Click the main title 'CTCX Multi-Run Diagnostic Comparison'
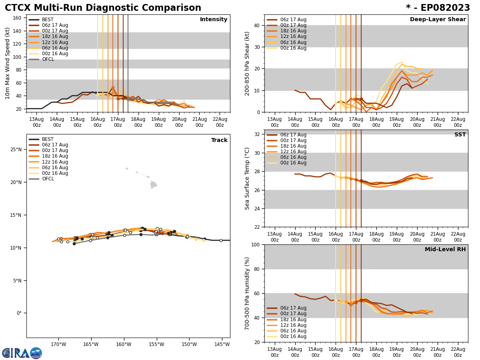coord(103,8)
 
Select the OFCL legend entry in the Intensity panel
coord(48,59)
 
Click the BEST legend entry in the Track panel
coord(48,139)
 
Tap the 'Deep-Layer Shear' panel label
coord(438,20)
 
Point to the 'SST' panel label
coord(460,135)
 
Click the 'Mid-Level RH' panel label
coord(445,250)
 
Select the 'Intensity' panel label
coord(214,20)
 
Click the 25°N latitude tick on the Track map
coord(16,150)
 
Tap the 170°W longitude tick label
coord(58,344)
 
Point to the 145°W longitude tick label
coord(222,344)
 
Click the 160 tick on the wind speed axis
coord(18,18)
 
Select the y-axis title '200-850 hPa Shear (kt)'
coord(248,63)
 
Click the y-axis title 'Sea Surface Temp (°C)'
coord(248,178)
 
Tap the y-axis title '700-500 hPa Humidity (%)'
coord(248,293)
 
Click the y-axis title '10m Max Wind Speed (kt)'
coord(8,63)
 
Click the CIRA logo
coord(22,353)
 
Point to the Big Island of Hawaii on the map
coord(154,184)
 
